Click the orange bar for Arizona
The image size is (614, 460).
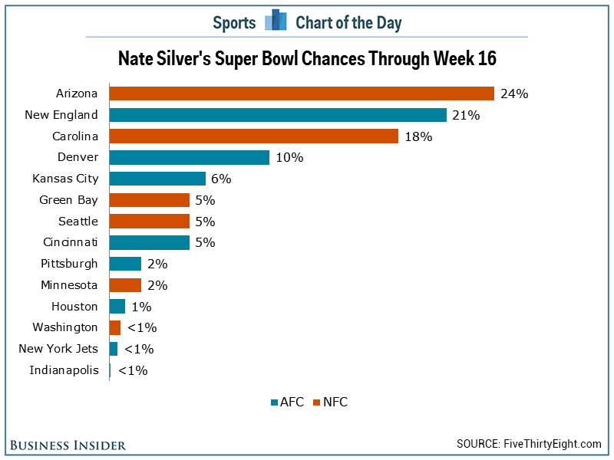coord(302,94)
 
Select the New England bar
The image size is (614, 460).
coord(278,115)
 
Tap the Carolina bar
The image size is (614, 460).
coord(254,136)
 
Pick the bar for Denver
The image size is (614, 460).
coord(190,157)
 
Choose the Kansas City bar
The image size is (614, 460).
coord(157,179)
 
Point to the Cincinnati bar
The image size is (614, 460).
coord(150,242)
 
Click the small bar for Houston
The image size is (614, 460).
coord(117,307)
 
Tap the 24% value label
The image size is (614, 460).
coord(514,94)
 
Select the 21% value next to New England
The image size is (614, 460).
coord(466,116)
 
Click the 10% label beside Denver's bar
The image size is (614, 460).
coord(290,158)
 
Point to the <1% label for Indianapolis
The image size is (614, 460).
coord(133,370)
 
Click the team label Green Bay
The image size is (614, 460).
coord(68,200)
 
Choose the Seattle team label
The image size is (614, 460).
coord(78,222)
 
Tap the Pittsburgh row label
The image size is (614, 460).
coord(69,264)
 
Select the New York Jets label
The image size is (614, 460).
coord(58,349)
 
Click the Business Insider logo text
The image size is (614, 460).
coord(69,445)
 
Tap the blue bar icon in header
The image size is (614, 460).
coord(276,21)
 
